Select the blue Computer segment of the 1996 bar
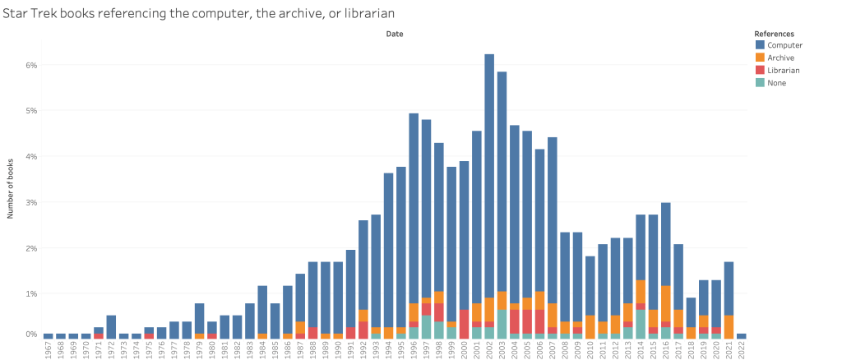coord(414,205)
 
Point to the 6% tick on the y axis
coord(31,65)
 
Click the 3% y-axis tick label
coord(31,202)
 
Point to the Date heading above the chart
coord(395,34)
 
